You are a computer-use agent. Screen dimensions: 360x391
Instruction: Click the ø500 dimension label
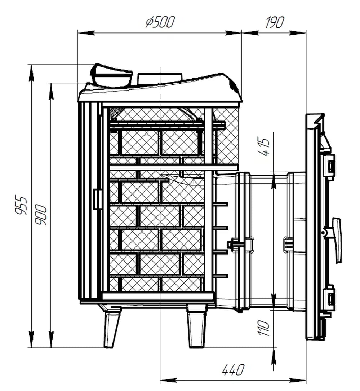tap(160, 22)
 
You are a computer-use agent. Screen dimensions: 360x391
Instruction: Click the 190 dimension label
tap(274, 22)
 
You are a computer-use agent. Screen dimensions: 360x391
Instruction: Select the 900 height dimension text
tap(41, 215)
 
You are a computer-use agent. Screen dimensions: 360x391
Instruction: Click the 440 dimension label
tap(233, 370)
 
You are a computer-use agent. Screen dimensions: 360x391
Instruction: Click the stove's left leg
tap(111, 327)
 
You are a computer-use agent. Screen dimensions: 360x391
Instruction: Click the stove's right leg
tap(197, 327)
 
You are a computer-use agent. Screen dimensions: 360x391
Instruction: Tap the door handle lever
tap(336, 240)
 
